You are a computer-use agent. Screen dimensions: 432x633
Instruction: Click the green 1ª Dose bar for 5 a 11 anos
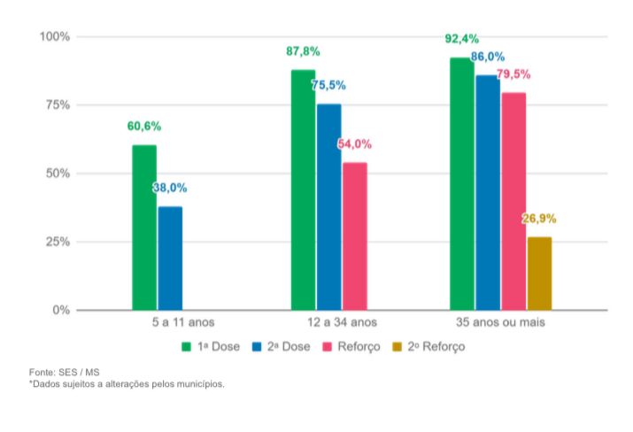click(144, 228)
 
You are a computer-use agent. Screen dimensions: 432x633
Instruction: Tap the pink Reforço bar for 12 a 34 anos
click(355, 236)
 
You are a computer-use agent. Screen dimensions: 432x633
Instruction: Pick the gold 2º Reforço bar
click(539, 274)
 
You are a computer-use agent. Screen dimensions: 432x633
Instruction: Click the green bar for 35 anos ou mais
click(461, 184)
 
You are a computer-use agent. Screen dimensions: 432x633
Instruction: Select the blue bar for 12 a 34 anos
click(328, 207)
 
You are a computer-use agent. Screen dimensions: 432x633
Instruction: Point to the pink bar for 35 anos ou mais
click(513, 202)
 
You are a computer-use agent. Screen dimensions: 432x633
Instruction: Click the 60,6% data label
click(144, 127)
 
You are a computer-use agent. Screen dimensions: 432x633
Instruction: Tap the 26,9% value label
click(539, 219)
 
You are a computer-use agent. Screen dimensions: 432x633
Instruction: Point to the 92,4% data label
click(462, 39)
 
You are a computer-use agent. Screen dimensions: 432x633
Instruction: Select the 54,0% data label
click(354, 144)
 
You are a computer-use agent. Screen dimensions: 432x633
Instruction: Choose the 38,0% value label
click(170, 188)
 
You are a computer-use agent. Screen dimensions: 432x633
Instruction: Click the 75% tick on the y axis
click(56, 105)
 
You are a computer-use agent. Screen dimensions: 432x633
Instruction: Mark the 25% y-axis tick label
click(56, 242)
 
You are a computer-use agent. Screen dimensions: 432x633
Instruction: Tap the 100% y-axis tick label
click(53, 36)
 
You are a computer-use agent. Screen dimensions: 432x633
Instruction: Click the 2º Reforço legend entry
click(428, 347)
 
